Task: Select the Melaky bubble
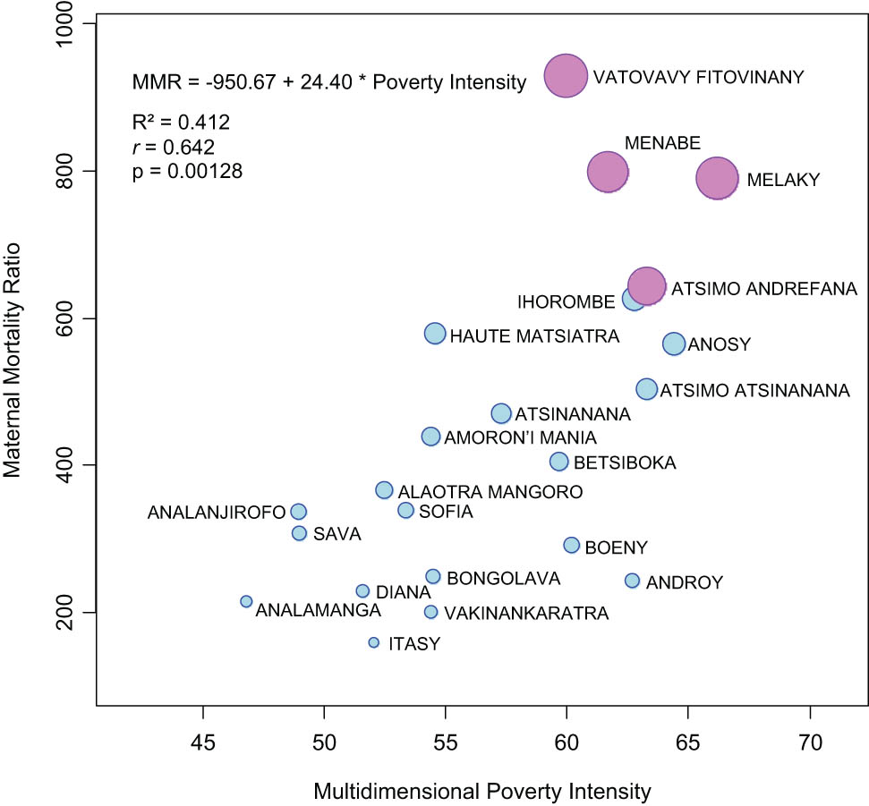(x=717, y=179)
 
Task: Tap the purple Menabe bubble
(x=609, y=172)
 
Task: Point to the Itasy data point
(x=374, y=642)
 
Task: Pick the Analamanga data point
(x=246, y=601)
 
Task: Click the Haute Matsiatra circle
(x=435, y=334)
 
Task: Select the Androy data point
(x=632, y=581)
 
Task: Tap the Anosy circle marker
(x=674, y=344)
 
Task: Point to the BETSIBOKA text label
(x=625, y=463)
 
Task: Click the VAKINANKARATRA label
(x=526, y=614)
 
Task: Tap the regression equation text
(x=328, y=83)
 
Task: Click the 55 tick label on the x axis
(x=446, y=742)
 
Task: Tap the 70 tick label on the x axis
(x=810, y=742)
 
